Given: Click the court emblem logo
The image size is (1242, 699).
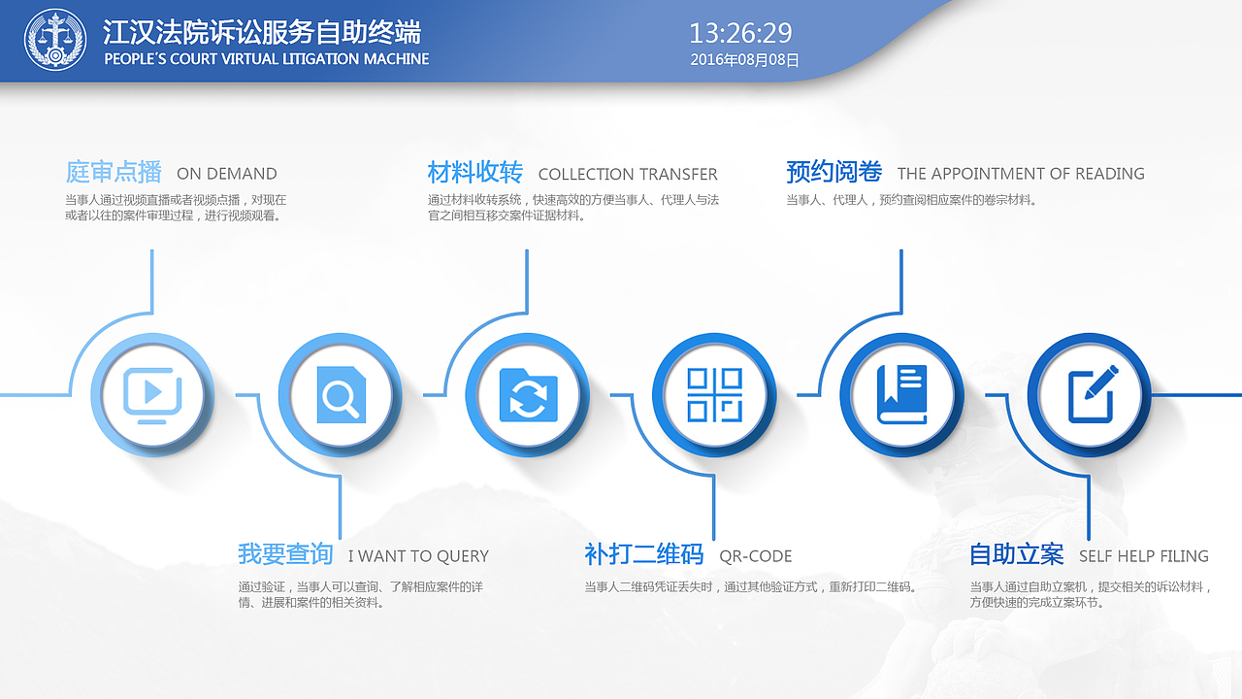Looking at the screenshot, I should pos(54,40).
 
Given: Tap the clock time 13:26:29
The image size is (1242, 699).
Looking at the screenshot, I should pos(740,33).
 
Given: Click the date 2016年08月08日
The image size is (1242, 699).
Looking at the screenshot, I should pos(744,60).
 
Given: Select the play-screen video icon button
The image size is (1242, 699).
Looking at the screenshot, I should pos(151,394).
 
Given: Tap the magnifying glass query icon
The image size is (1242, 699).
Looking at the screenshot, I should pos(341,395).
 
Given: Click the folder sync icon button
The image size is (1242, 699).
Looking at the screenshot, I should pos(528,395).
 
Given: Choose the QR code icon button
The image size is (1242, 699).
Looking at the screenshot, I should pos(714,395).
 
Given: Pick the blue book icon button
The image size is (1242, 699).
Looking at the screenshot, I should pos(901,395).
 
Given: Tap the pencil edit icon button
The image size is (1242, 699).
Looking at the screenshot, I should pos(1090,395).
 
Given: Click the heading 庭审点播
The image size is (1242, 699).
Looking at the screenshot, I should pos(114,173).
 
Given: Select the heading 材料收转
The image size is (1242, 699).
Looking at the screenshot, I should pos(475,173).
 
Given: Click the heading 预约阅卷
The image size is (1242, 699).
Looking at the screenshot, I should pos(833,173).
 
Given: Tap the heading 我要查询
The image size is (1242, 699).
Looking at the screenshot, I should pos(285,554).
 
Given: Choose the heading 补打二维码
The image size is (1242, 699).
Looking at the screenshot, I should pos(643,554).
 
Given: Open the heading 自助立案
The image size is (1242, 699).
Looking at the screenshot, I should pos(1017,554).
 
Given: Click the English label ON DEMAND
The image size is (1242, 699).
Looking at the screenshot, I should pos(227,175).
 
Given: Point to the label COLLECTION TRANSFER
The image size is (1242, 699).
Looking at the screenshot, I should pos(628,175).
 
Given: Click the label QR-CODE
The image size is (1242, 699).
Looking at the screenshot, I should pos(756,556).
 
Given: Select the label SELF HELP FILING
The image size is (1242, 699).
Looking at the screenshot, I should pos(1144,556).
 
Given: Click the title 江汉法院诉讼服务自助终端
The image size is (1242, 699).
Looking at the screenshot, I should pos(262,32).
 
